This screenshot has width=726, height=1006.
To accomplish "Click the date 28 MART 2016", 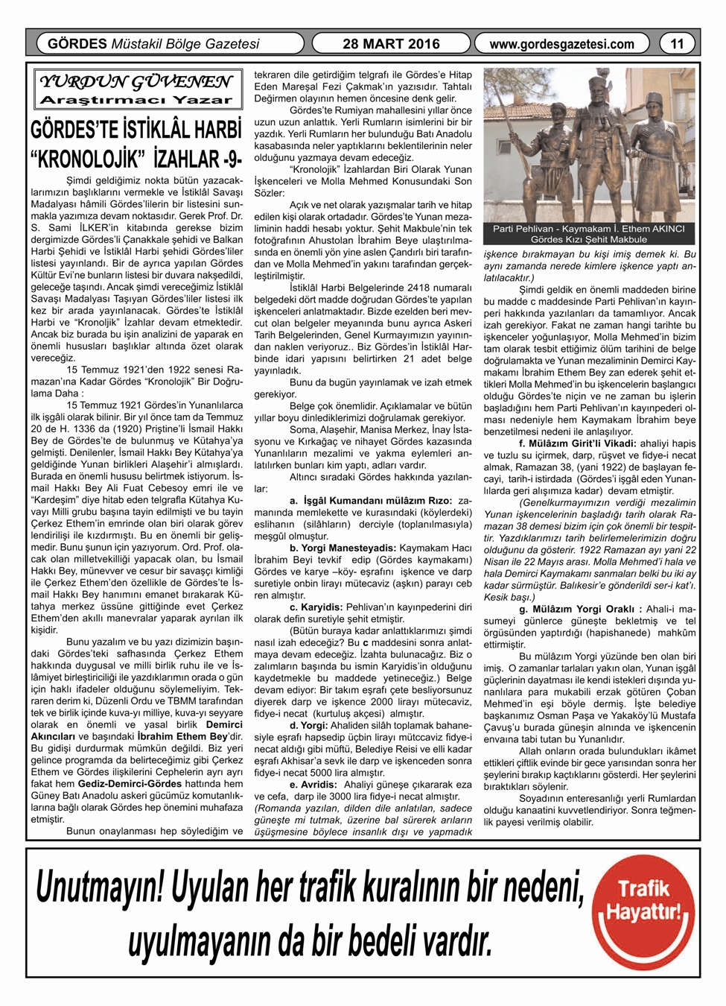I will point(391,44).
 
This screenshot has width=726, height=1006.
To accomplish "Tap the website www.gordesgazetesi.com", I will point(561,44).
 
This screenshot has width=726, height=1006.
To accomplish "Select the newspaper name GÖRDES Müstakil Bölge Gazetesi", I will point(153,44).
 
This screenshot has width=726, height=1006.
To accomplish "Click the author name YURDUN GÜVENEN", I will point(136,81).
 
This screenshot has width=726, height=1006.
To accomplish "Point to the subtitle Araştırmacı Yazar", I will point(136,100).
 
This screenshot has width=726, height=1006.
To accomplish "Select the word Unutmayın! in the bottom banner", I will point(101,888).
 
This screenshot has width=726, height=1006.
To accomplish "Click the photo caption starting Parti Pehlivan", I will point(589,234).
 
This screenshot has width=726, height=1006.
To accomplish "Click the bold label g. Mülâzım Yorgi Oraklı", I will point(576,609).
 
